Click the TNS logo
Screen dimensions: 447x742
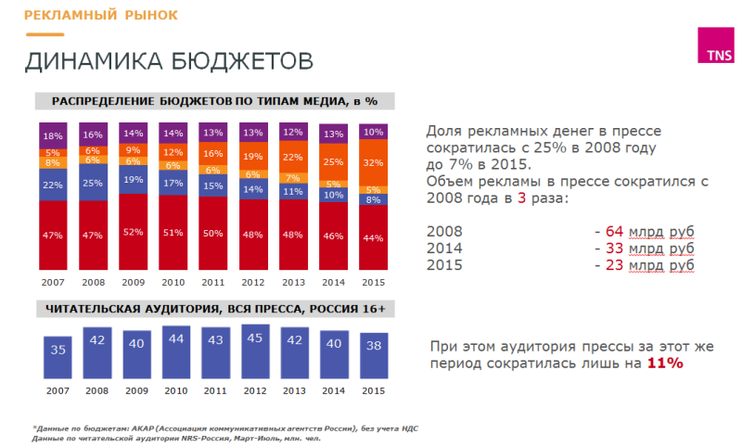point(716,47)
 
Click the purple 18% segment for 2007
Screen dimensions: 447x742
point(54,135)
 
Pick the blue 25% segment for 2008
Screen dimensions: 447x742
point(94,183)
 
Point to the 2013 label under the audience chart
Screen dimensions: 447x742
point(293,390)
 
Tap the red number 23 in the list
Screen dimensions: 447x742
point(611,265)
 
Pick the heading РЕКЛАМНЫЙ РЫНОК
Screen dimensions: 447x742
point(100,16)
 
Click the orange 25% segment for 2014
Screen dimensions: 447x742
point(333,162)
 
